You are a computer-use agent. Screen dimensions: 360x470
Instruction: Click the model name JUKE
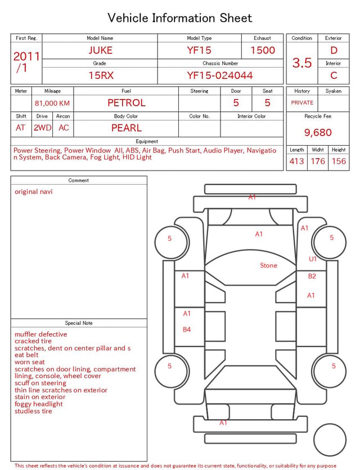click(x=100, y=50)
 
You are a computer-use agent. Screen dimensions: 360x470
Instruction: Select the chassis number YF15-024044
click(x=220, y=75)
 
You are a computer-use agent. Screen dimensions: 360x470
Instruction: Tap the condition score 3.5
click(x=302, y=62)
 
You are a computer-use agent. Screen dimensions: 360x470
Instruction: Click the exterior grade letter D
click(x=334, y=50)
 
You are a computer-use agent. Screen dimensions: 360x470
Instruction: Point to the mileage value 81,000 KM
click(x=52, y=103)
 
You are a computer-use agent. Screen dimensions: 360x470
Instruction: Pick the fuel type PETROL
click(x=127, y=103)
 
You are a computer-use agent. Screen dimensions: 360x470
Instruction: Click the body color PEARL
click(x=127, y=128)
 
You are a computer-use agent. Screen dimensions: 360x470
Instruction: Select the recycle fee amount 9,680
click(x=318, y=132)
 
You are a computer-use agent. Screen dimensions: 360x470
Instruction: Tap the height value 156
click(x=339, y=161)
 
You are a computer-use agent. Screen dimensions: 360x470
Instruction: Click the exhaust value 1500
click(x=263, y=50)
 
